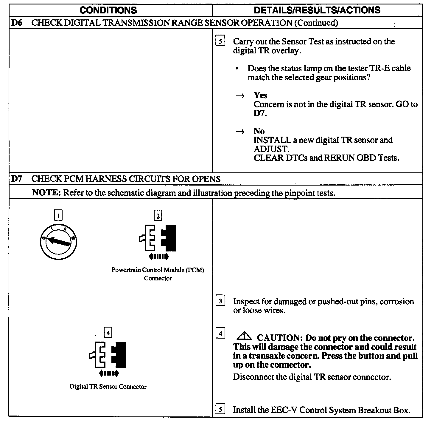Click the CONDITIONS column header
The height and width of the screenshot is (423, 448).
click(x=108, y=10)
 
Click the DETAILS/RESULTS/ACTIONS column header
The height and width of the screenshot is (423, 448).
click(x=317, y=10)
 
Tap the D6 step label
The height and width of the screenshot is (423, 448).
click(x=17, y=23)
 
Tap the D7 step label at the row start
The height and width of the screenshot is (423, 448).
click(x=17, y=179)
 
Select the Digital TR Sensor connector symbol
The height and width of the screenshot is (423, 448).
click(x=108, y=355)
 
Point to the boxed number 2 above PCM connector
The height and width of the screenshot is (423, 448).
click(x=158, y=215)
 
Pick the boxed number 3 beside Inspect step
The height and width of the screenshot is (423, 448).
click(x=220, y=301)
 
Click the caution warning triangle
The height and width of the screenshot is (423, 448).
click(x=244, y=336)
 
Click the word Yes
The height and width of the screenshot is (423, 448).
click(x=260, y=95)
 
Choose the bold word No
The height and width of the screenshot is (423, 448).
click(x=259, y=131)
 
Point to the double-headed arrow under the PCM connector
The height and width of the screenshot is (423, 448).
click(x=158, y=256)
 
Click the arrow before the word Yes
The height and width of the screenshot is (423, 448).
click(x=240, y=96)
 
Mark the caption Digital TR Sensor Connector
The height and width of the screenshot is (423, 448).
click(x=108, y=387)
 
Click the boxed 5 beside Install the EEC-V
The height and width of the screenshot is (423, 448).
click(x=220, y=409)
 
